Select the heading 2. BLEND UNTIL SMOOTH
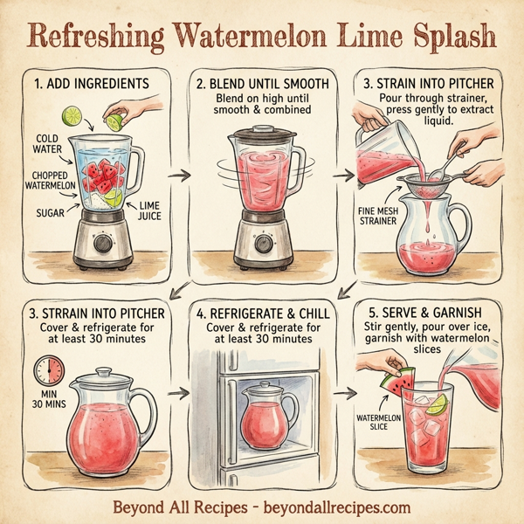point(263,84)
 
